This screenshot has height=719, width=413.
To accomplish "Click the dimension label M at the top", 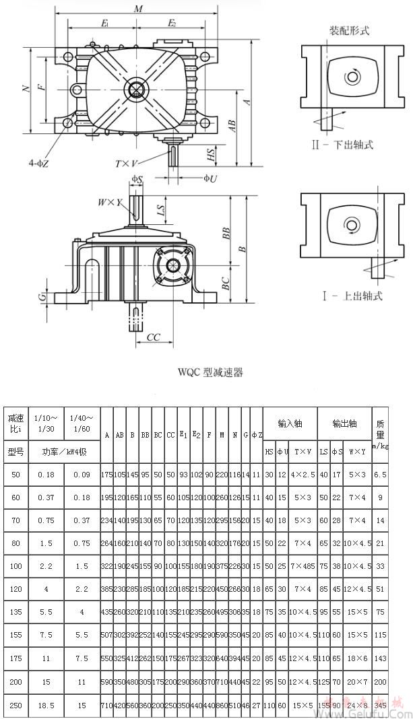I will (x=138, y=9).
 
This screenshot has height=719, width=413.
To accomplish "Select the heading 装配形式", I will (x=349, y=31).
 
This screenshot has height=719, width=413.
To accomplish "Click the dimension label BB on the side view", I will (x=227, y=234).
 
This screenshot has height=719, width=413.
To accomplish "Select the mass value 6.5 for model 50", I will (x=381, y=474).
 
